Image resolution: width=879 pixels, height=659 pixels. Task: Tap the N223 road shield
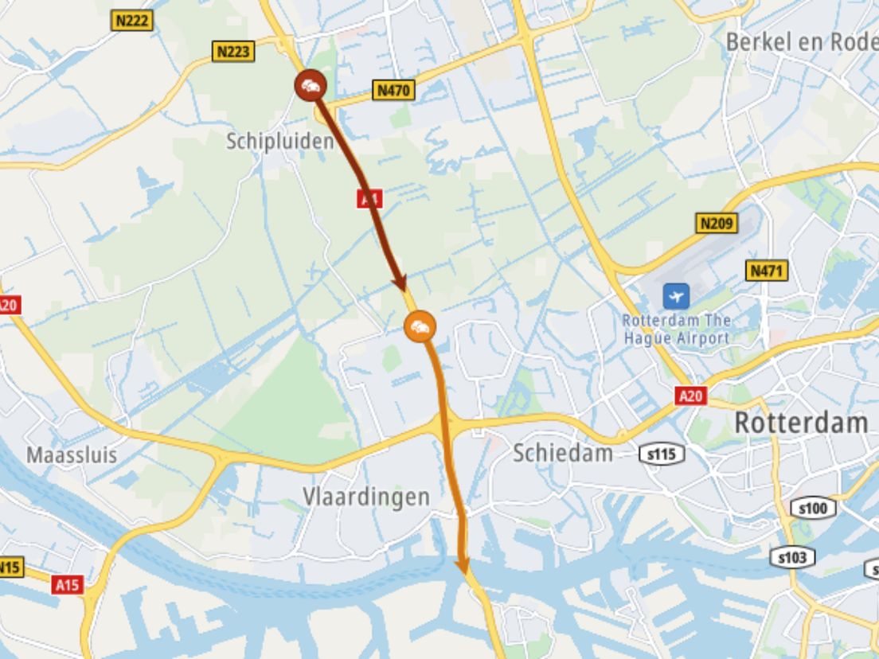pyautogui.click(x=234, y=53)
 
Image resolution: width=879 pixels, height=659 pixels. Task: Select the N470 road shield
pyautogui.click(x=393, y=91)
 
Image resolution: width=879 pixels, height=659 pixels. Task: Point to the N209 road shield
pyautogui.click(x=716, y=224)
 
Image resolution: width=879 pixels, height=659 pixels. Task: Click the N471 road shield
pyautogui.click(x=767, y=271)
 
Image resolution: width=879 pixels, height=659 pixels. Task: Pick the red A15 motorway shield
pyautogui.click(x=68, y=585)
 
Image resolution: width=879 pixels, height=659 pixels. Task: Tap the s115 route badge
pyautogui.click(x=662, y=455)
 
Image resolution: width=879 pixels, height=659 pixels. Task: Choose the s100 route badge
pyautogui.click(x=813, y=508)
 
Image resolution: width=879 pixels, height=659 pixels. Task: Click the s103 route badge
pyautogui.click(x=791, y=558)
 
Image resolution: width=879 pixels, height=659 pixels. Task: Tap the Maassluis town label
pyautogui.click(x=72, y=455)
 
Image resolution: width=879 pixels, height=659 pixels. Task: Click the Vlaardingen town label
pyautogui.click(x=366, y=496)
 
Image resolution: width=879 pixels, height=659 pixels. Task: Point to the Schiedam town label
pyautogui.click(x=563, y=453)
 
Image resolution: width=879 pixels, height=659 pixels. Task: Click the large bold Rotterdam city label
pyautogui.click(x=800, y=423)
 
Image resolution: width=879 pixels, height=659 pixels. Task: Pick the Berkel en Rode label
pyautogui.click(x=801, y=42)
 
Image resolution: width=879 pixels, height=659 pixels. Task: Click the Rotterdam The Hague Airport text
pyautogui.click(x=676, y=329)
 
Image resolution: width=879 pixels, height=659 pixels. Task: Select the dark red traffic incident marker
pyautogui.click(x=310, y=85)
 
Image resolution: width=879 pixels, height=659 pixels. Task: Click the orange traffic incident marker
pyautogui.click(x=420, y=326)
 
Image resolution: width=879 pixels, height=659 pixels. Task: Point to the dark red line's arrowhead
pyautogui.click(x=400, y=284)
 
